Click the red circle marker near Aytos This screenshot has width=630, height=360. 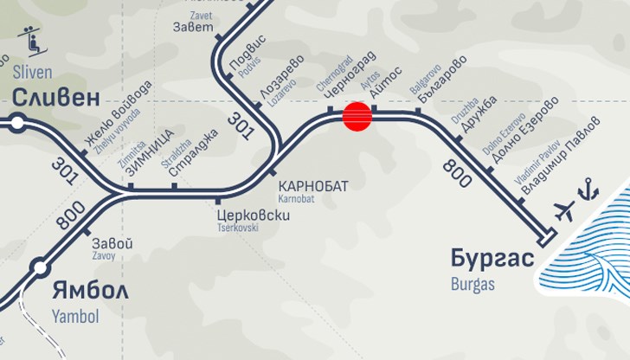tap(357, 116)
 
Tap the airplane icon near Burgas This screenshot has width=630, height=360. tap(564, 210)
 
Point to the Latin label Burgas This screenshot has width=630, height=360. tap(472, 283)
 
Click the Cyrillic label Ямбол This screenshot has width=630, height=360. tap(89, 289)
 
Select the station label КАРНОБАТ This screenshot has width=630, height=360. tap(313, 186)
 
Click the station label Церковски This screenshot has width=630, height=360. tap(253, 215)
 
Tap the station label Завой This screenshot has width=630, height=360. tap(112, 243)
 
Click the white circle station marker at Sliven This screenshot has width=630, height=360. tap(17, 123)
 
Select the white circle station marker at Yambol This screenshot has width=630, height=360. tap(39, 267)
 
